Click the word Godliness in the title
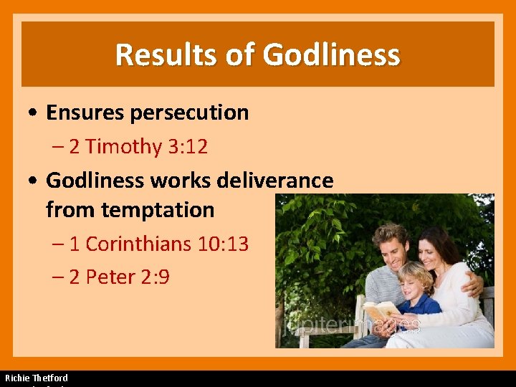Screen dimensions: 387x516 tap(331, 54)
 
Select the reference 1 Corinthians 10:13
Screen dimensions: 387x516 tap(159, 244)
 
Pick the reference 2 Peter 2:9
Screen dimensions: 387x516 tap(119, 277)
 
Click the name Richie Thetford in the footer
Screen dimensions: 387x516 tap(37, 378)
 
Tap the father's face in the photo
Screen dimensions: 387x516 tap(388, 247)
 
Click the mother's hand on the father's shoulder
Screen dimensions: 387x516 tap(472, 285)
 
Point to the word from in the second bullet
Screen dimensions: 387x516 tap(70, 210)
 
